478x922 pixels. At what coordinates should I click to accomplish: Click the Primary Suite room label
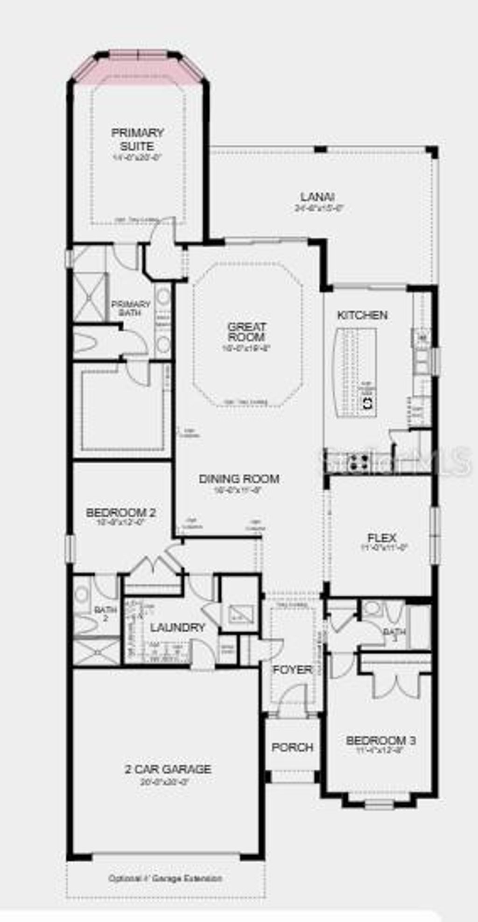138,139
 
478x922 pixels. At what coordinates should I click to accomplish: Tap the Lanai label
317,197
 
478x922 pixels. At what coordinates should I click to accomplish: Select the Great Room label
247,332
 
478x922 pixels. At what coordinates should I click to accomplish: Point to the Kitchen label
362,315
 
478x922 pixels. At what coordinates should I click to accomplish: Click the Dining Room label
239,479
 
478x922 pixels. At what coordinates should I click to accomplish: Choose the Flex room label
382,538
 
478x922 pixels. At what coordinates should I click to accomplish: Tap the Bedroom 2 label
121,513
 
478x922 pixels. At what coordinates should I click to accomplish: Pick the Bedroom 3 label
381,740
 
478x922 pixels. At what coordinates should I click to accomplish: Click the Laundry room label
177,628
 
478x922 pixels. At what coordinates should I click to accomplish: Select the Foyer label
292,670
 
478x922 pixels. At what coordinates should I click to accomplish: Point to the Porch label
292,747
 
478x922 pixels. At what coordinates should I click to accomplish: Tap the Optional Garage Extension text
165,878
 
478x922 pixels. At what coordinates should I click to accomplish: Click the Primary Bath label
130,308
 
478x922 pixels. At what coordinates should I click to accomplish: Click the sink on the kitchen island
367,403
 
